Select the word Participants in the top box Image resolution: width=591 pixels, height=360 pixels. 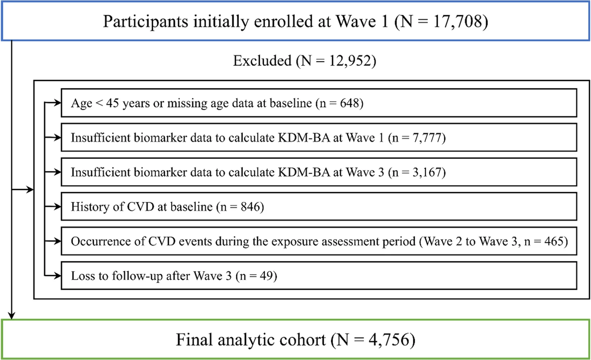(145, 22)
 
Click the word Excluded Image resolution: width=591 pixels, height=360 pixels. (262, 61)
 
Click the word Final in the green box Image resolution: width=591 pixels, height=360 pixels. (194, 339)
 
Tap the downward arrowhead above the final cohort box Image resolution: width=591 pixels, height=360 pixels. (11, 316)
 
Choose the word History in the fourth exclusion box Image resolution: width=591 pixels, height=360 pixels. (90, 207)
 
